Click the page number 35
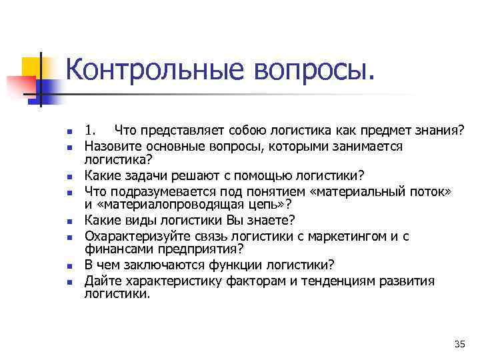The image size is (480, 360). [459, 344]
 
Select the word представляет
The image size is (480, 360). [173, 129]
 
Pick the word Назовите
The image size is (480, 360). [109, 145]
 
